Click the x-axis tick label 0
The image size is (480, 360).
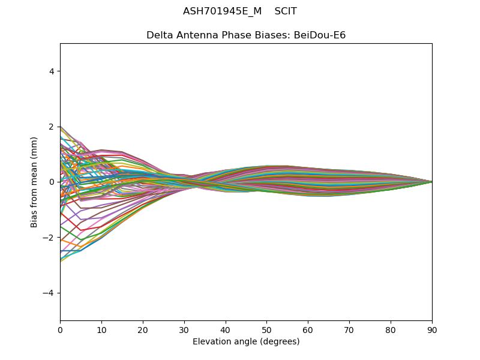point(61,331)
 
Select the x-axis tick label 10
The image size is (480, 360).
point(101,331)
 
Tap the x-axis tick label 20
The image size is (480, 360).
point(143,331)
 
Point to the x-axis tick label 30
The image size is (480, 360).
point(184,331)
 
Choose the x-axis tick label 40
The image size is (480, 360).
point(226,331)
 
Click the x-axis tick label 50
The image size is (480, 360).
point(267,331)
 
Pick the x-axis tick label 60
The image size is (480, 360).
point(308,331)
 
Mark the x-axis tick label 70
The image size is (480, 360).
point(350,331)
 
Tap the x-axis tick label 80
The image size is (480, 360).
point(391,331)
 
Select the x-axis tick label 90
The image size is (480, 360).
point(432,331)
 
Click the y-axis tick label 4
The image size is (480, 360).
point(52,71)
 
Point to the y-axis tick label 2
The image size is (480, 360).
point(52,127)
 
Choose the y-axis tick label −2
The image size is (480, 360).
point(49,238)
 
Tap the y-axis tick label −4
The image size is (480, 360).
point(49,293)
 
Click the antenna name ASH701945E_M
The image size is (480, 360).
point(222,11)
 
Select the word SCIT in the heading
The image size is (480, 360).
point(286,11)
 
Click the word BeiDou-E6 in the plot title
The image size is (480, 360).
point(320,35)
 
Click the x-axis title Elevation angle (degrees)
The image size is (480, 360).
point(246,341)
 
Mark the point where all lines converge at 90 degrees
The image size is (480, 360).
point(432,182)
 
